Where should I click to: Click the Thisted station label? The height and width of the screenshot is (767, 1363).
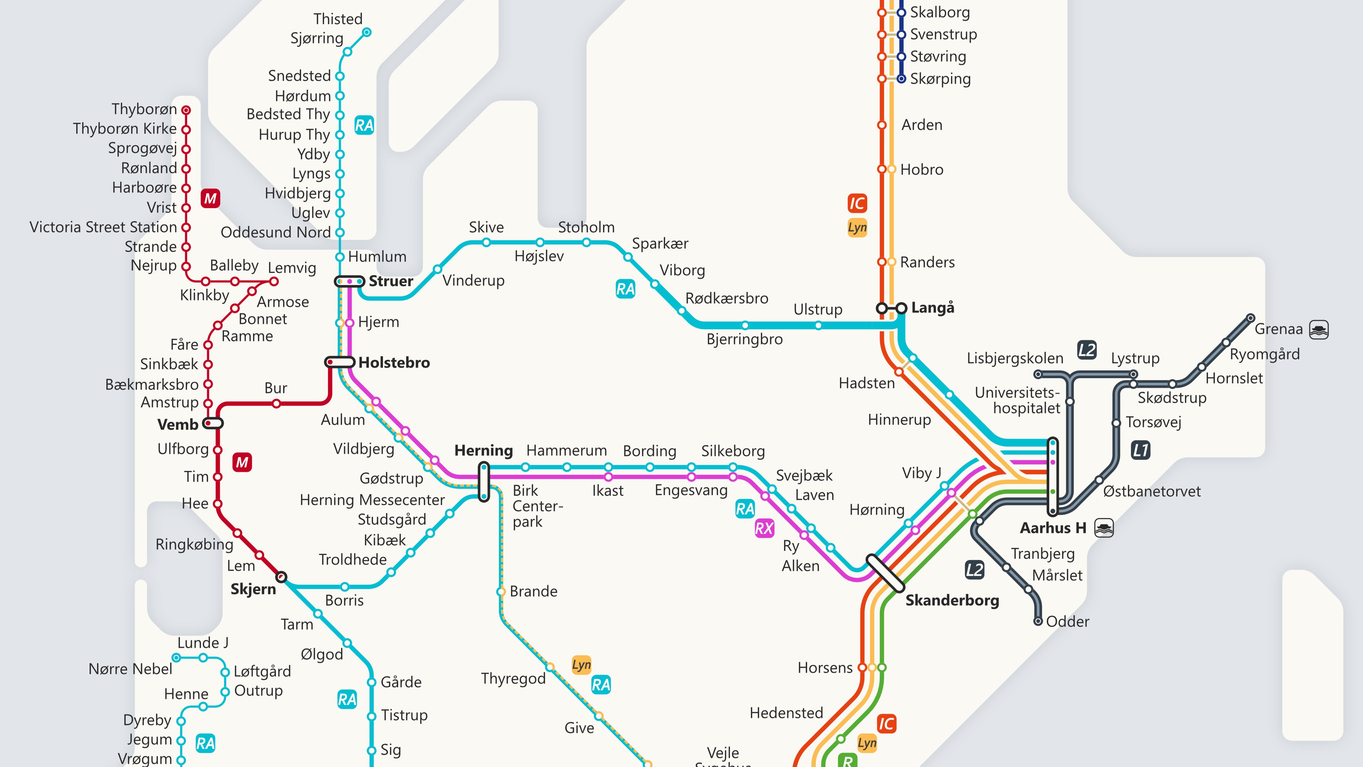tap(338, 19)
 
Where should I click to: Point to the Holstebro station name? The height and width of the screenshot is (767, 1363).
tap(394, 363)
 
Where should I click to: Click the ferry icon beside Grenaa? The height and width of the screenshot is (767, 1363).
tap(1319, 329)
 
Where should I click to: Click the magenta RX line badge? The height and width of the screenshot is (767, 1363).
tap(764, 528)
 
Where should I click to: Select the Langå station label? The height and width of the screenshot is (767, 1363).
tap(933, 307)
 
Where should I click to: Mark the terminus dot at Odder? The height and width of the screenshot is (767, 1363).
tap(1038, 621)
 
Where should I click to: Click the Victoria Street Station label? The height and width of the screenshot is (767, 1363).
tap(103, 227)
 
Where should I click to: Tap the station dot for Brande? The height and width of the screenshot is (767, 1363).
tap(500, 591)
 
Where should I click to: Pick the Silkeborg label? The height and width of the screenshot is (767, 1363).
tap(733, 451)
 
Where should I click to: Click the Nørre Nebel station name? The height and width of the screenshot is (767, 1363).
tap(130, 669)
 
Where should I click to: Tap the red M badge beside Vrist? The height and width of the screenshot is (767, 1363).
tap(210, 199)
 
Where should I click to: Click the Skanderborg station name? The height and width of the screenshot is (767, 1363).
tap(952, 600)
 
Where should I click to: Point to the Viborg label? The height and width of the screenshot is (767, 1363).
tap(682, 271)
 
